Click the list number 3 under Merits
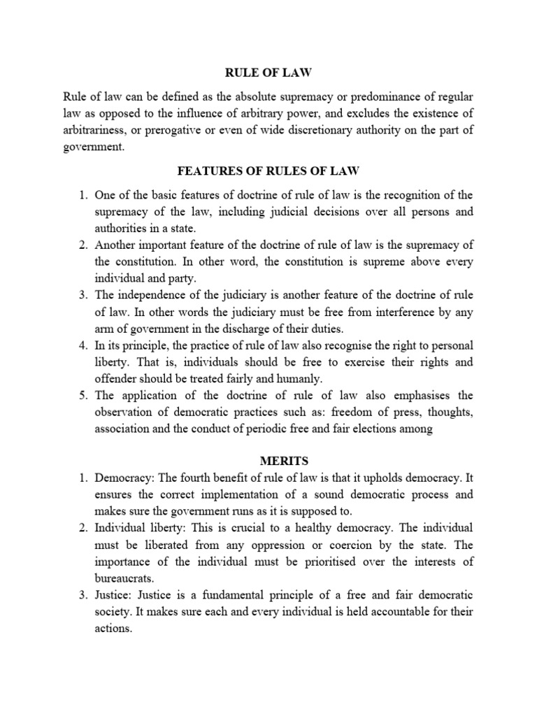click(82, 595)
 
